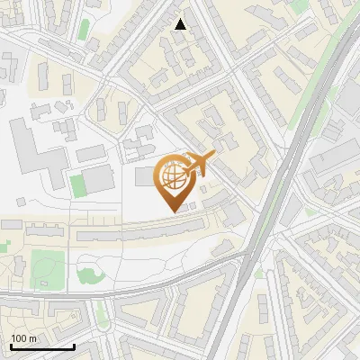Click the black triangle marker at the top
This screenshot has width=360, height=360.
[x=181, y=24]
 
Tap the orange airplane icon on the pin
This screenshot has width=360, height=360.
[x=200, y=164]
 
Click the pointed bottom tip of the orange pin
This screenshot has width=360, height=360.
[x=175, y=210]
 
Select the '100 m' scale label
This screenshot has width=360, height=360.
[x=23, y=338]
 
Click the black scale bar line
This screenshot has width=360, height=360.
[x=41, y=346]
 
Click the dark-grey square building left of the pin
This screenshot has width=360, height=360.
[x=146, y=176]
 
